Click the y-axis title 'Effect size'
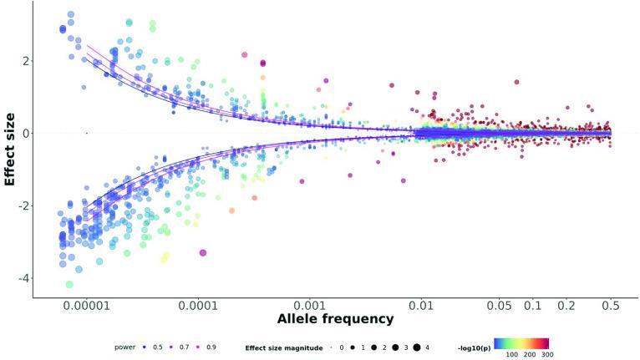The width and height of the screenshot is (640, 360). (11, 145)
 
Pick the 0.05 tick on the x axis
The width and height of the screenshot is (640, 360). (500, 307)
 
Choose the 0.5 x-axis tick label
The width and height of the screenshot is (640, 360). (611, 307)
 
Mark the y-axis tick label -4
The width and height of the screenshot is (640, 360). (26, 278)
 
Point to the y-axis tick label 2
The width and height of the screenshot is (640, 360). (28, 61)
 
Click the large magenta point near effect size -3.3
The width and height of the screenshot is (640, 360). (203, 252)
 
